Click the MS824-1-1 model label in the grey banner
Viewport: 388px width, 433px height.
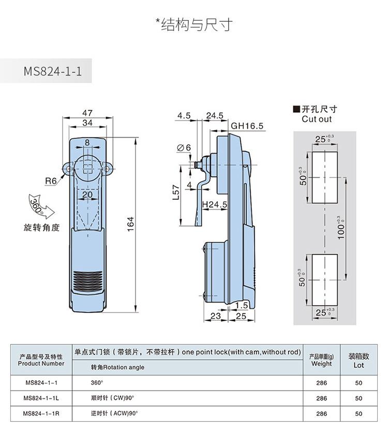click(52, 71)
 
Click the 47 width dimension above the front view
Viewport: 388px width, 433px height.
click(87, 113)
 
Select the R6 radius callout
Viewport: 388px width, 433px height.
click(50, 181)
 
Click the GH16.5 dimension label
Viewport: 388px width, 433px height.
click(247, 126)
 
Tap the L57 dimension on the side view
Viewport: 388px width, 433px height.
click(176, 192)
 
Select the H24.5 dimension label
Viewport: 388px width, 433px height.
click(215, 205)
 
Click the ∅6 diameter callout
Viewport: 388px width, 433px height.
click(184, 147)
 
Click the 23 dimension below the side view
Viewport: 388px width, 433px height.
click(216, 316)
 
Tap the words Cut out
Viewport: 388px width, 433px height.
click(317, 119)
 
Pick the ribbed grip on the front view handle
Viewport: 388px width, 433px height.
click(87, 281)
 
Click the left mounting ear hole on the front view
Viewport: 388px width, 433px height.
click(68, 169)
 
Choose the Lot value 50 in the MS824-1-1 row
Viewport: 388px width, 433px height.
click(359, 383)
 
